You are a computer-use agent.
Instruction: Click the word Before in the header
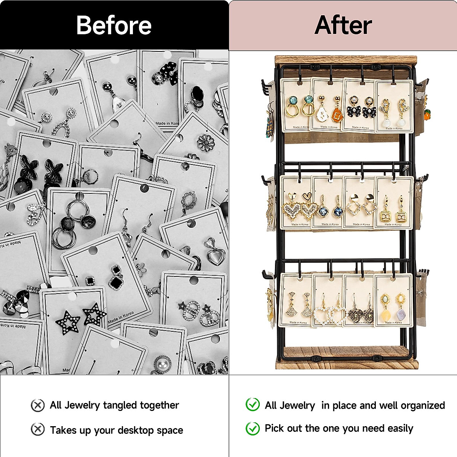pyautogui.click(x=114, y=25)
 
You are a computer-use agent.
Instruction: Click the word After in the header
pyautogui.click(x=343, y=25)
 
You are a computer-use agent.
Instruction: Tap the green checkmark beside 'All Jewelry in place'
pyautogui.click(x=252, y=404)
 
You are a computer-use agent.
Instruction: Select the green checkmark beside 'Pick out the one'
pyautogui.click(x=252, y=428)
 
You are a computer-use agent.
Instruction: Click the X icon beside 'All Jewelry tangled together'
pyautogui.click(x=37, y=405)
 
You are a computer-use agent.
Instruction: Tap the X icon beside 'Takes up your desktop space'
pyautogui.click(x=37, y=430)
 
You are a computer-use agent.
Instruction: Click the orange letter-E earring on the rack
pyautogui.click(x=337, y=113)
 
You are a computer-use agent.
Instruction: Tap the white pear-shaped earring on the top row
pyautogui.click(x=322, y=113)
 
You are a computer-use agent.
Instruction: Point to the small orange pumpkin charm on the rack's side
pyautogui.click(x=427, y=114)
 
